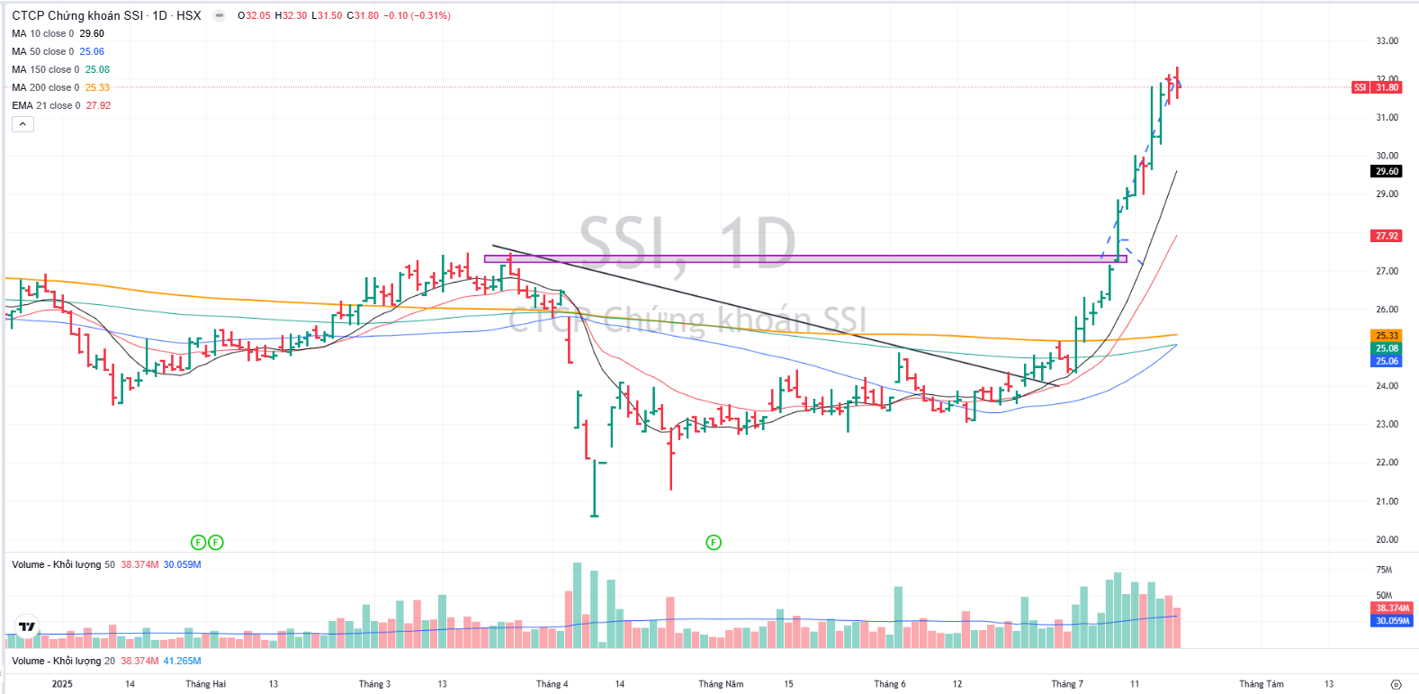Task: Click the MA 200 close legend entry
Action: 45,87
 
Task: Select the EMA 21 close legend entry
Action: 46,105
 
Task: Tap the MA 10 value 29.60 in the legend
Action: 92,33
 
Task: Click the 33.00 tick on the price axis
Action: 1387,41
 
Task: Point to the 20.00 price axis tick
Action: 1387,539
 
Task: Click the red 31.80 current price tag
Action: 1387,87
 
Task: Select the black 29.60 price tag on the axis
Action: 1387,171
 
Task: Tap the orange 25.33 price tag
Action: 1387,336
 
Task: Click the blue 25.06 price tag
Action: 1387,361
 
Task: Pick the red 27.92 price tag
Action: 1387,236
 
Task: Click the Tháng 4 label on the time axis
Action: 552,684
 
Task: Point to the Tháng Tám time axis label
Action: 1261,684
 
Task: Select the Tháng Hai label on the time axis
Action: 205,684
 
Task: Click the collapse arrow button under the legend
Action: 22,124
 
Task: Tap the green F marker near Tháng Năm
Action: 714,542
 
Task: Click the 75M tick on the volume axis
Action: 1384,570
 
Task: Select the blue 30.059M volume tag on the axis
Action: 1392,620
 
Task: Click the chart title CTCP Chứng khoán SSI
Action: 77,15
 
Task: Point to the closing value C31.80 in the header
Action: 363,15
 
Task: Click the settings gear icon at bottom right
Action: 1396,684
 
